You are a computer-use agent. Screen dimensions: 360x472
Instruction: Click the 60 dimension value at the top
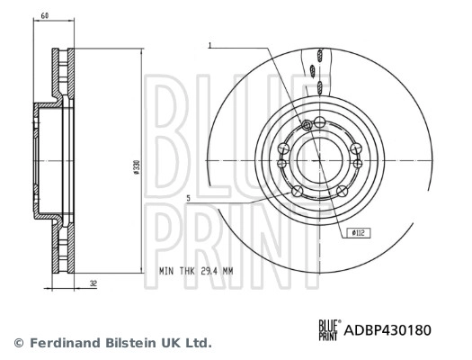[45, 16]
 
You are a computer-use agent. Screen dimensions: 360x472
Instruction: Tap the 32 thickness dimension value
[94, 283]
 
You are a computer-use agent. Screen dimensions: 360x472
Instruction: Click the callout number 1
[209, 44]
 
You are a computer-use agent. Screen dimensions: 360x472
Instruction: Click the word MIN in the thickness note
[167, 270]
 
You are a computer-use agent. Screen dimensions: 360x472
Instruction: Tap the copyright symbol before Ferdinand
[19, 343]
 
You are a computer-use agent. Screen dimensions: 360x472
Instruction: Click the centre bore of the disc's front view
[320, 159]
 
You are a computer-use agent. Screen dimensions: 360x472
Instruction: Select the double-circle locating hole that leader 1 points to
[308, 124]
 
